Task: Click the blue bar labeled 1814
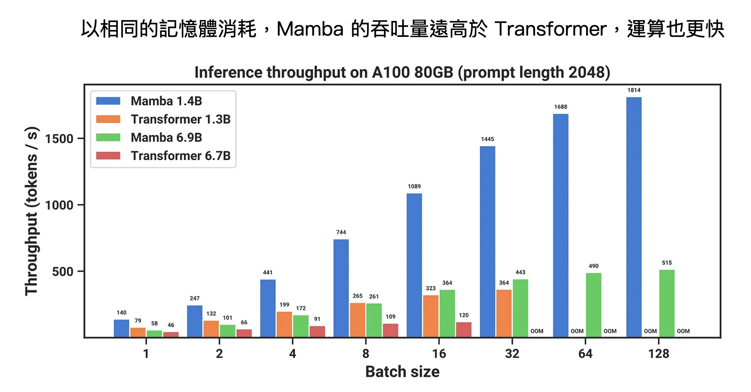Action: (634, 217)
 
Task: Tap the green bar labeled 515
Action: (667, 303)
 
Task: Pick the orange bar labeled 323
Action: (431, 316)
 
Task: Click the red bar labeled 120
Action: (463, 329)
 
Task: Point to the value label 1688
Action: (560, 107)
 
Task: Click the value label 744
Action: (341, 232)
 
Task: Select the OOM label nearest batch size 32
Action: (537, 331)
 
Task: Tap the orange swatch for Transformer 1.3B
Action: (108, 119)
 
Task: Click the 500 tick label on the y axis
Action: (63, 272)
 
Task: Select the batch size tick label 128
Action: (658, 354)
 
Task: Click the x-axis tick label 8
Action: (365, 354)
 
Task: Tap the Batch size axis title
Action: (402, 372)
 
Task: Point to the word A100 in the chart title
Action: (391, 72)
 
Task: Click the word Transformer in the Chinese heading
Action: (550, 29)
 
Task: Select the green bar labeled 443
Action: (520, 308)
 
